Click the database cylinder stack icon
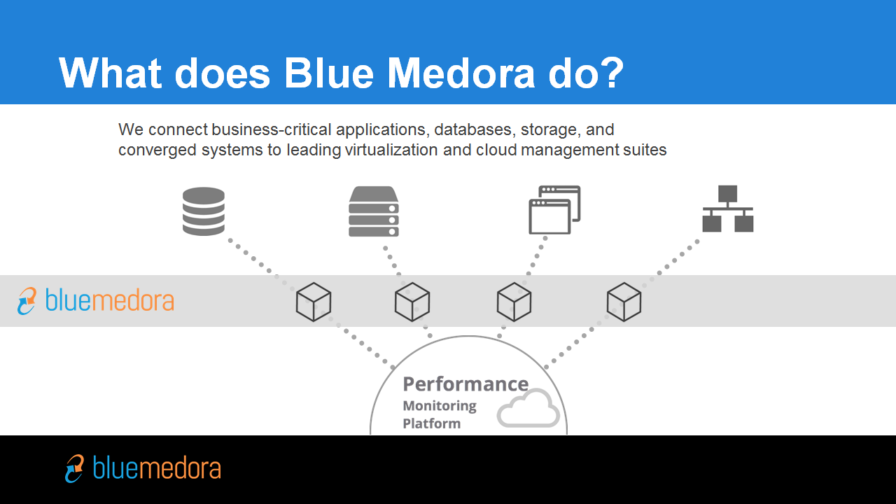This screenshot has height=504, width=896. point(203,211)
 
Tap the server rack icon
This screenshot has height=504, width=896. point(374,211)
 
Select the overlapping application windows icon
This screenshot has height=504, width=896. point(554,209)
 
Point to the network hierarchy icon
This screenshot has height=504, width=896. point(728,209)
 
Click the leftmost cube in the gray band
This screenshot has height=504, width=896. point(314,302)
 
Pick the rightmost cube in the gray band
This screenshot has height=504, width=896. point(624,302)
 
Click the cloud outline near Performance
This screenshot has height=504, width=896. point(528,408)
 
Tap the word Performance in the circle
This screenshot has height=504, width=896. point(465,384)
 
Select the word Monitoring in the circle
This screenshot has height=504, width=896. point(440,406)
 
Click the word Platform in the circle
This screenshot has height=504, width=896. point(432,423)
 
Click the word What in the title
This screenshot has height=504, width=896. point(110,73)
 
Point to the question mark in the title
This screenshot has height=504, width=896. point(610,72)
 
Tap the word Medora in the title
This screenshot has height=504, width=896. point(461,73)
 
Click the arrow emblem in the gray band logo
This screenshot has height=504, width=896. point(27,301)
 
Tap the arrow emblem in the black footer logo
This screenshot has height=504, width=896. point(74,468)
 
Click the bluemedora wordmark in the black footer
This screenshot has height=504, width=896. point(157,468)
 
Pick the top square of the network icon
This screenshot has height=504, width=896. point(727,194)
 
